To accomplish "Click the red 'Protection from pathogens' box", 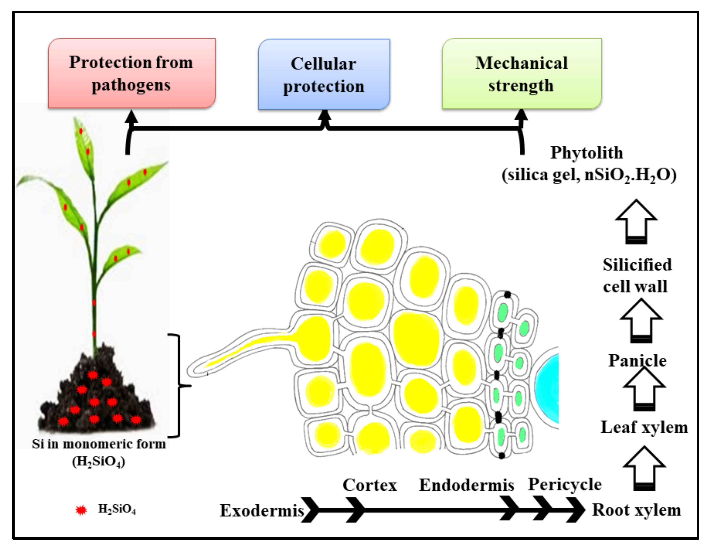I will click(131, 73).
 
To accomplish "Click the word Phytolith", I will click(586, 153).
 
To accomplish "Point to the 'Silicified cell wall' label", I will click(637, 275).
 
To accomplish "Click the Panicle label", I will click(637, 360).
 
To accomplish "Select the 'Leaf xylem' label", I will click(644, 427).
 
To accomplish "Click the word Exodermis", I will click(262, 511).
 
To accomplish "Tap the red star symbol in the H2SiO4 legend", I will click(81, 510).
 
